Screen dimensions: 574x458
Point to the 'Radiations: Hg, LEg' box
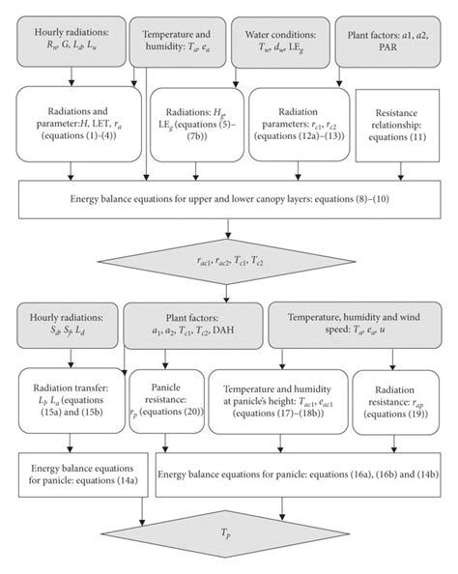pos(197,122)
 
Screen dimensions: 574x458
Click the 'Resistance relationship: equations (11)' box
pos(397,122)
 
